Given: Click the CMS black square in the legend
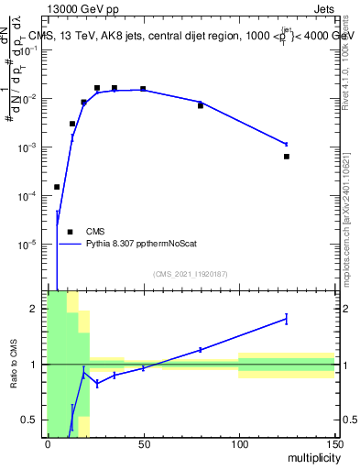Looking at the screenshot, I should click(70, 232).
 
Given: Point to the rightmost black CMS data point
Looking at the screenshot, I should click(287, 157).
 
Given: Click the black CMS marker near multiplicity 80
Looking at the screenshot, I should click(201, 106).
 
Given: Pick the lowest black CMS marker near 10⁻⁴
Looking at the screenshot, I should click(57, 187).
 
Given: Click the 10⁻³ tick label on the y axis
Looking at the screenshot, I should click(30, 147).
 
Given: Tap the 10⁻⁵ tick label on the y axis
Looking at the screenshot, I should click(30, 245).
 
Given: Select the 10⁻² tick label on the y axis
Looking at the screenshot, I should click(30, 99).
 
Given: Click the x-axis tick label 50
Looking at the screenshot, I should click(143, 444).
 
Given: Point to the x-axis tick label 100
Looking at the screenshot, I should click(238, 444).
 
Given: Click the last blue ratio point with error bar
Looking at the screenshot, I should click(287, 319).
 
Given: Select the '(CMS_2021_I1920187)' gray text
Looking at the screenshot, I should click(190, 273).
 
